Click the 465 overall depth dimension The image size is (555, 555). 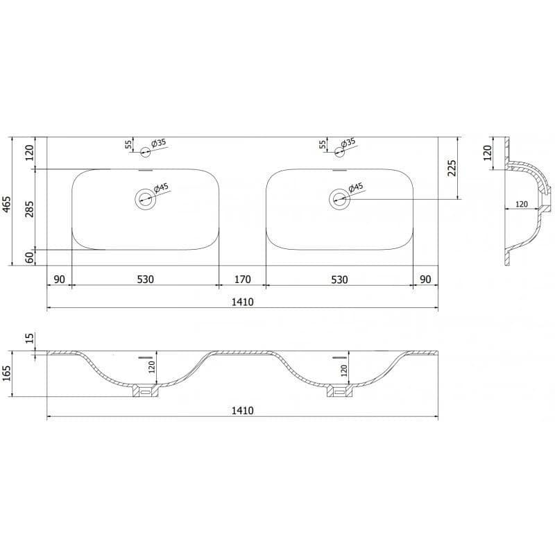pos(8,205)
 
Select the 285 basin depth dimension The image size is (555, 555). pos(30,209)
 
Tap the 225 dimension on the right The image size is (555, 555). pos(452,168)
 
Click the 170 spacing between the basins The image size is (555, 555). pos(242,280)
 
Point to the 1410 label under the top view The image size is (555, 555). pos(242,302)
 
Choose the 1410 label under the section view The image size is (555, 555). pos(242,411)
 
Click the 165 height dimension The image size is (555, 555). pos(8,373)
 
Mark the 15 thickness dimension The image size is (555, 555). pos(30,338)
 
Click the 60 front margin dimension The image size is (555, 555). pos(30,257)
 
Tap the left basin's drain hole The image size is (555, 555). pos(146,199)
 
